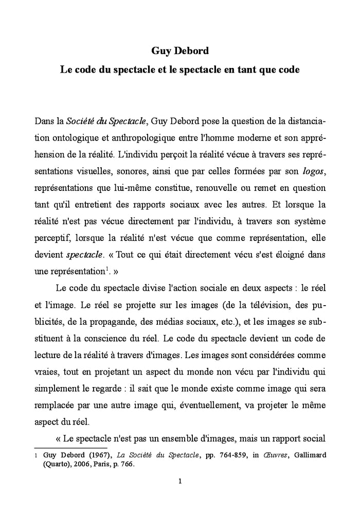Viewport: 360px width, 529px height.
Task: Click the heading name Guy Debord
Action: (x=179, y=50)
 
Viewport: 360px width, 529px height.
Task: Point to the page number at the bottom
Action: (x=179, y=481)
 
